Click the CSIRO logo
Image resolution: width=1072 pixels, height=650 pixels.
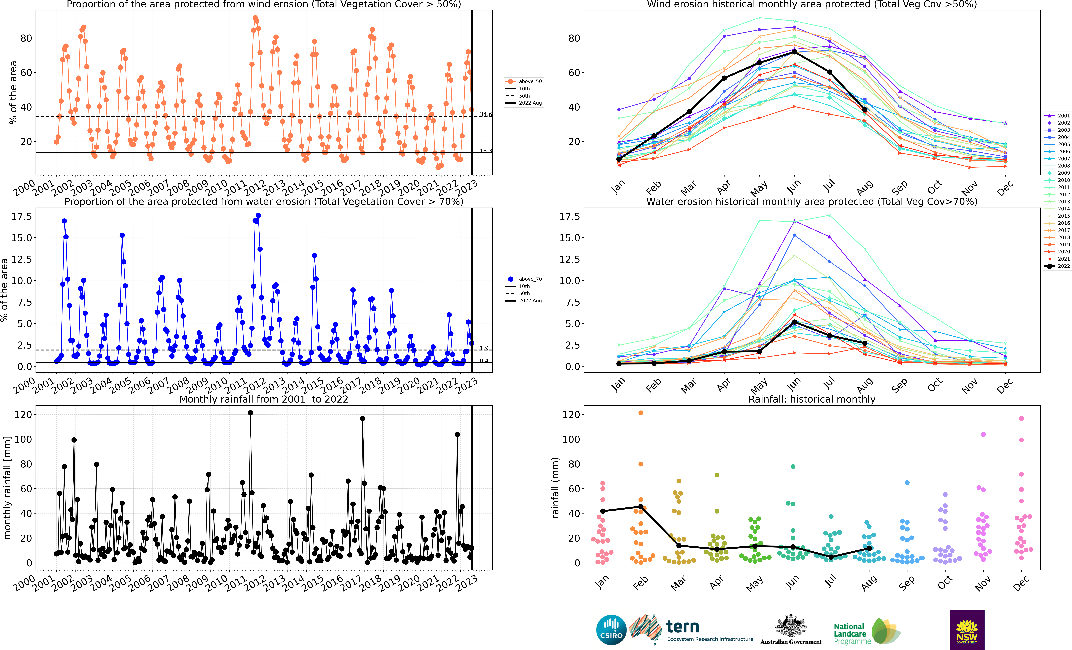coord(611,630)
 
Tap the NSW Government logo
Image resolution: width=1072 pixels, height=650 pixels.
coord(967,630)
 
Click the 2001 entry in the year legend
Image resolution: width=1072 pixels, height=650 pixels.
coord(1057,116)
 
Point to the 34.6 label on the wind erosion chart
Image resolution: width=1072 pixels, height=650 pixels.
coord(485,114)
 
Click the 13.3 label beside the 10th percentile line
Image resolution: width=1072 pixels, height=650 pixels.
coord(485,151)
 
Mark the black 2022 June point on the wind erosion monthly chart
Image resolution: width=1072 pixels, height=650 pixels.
coord(794,52)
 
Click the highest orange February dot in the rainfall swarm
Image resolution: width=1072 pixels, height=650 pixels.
coord(640,413)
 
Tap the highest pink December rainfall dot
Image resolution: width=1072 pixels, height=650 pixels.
coord(1021,418)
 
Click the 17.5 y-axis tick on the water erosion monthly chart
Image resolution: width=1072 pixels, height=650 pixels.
coord(570,216)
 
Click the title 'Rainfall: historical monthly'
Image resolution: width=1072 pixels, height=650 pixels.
coord(812,399)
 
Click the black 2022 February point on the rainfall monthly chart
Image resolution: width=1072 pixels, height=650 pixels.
coord(640,507)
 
